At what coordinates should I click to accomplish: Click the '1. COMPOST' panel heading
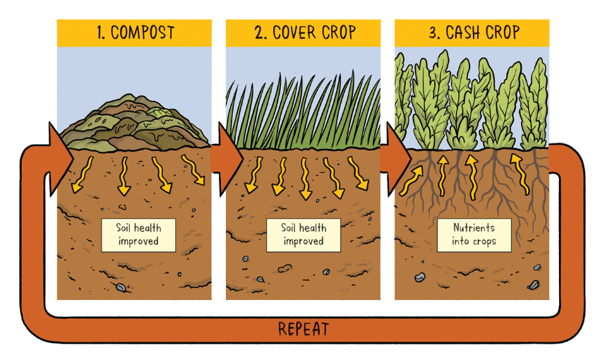pos(134,32)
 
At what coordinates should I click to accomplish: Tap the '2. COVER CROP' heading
pos(303,32)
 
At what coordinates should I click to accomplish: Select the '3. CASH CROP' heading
pos(472,32)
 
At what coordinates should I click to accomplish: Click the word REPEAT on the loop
pos(303,329)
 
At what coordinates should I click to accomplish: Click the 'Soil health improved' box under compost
pos(138,235)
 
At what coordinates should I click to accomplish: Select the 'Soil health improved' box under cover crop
pos(304,235)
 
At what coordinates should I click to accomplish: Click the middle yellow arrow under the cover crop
pos(306,178)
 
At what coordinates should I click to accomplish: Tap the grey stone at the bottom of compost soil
pos(121,287)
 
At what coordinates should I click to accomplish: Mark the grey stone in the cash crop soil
pos(419,277)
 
